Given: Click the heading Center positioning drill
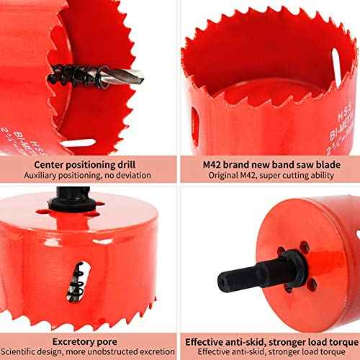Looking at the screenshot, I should pyautogui.click(x=89, y=163).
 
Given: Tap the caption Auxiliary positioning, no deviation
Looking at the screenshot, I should pyautogui.click(x=89, y=175).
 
